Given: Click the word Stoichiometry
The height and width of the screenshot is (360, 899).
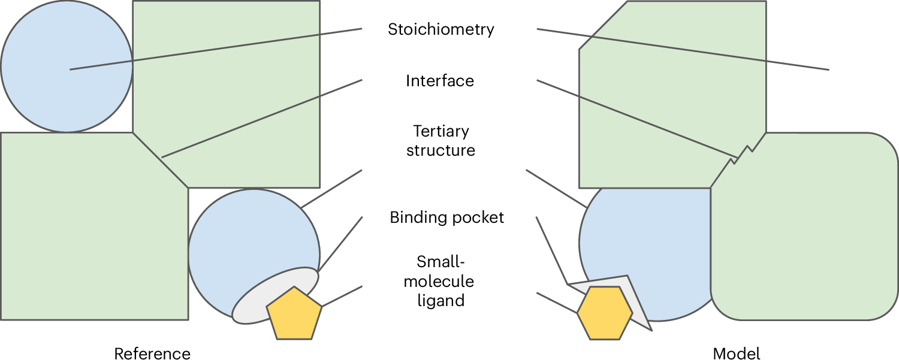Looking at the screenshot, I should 441,29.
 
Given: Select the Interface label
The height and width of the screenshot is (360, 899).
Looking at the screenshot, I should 440,81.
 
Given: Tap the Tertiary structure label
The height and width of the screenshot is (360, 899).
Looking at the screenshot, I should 441,140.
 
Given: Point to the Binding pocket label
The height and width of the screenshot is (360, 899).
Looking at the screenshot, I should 447,217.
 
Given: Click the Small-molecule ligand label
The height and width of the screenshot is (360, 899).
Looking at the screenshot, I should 441,280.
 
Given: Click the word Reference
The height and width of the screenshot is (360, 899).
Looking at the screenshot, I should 152,353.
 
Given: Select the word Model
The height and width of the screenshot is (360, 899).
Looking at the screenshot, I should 737,353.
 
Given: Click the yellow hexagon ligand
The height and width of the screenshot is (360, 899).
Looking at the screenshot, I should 605,313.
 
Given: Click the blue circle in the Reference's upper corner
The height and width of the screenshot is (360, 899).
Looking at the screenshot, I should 66,66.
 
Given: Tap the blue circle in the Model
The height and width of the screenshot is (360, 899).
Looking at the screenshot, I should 641,240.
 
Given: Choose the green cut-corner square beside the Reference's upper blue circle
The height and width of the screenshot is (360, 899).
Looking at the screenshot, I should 240,90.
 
